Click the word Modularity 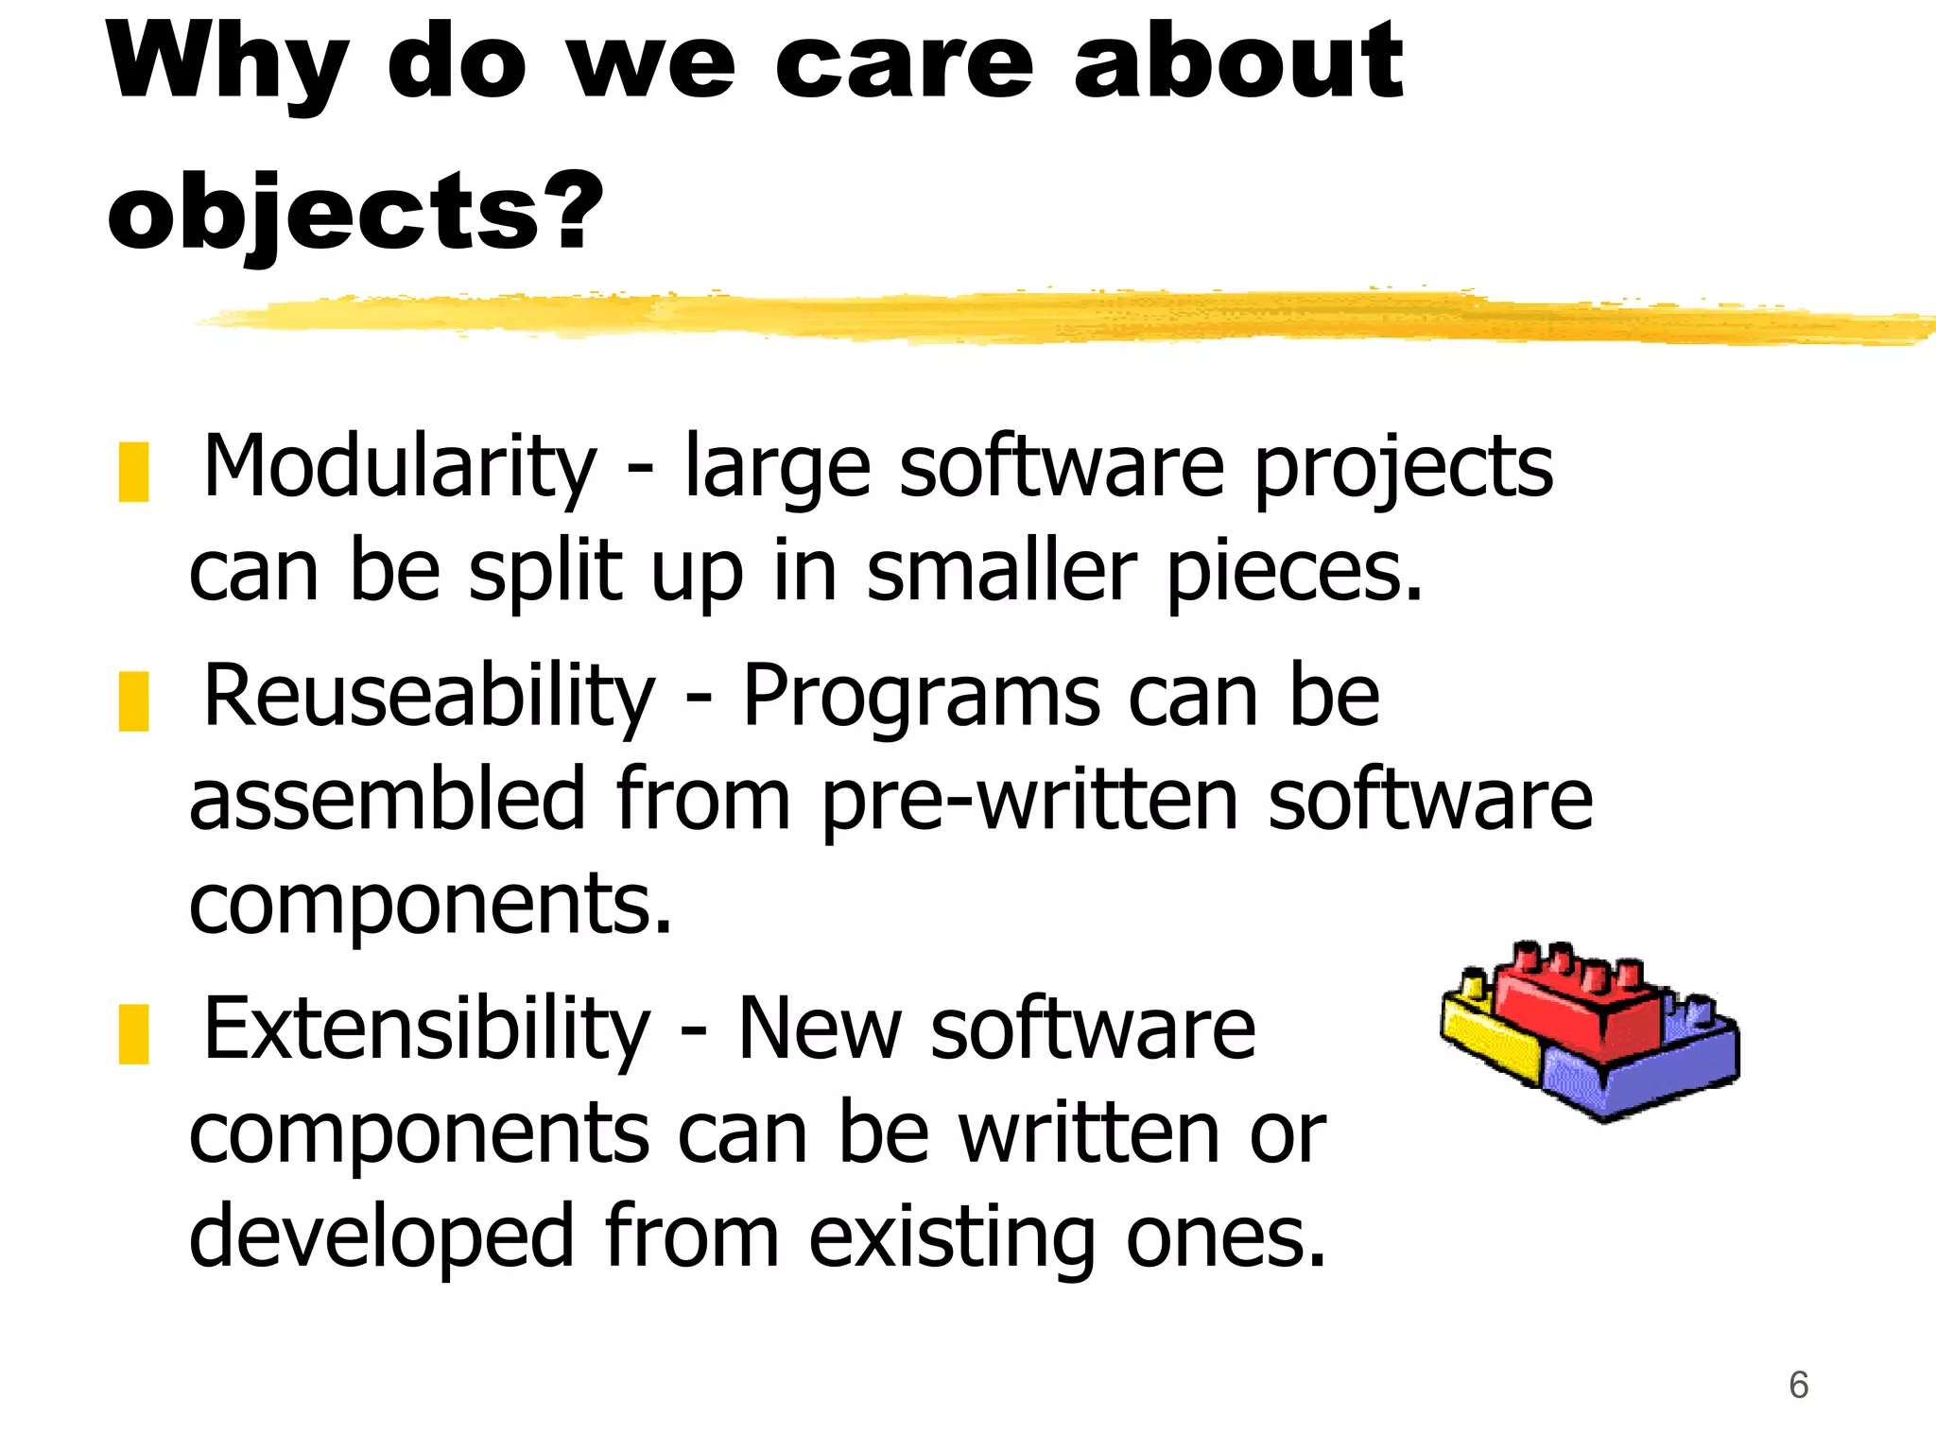point(400,467)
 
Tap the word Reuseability point(428,697)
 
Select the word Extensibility point(426,1029)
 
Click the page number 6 point(1798,1385)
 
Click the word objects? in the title point(354,213)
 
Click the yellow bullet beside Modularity point(133,471)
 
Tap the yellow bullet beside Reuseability point(133,700)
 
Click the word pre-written point(1028,802)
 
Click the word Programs point(921,697)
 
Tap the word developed point(382,1237)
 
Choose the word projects point(1403,469)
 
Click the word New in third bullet point(819,1029)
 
